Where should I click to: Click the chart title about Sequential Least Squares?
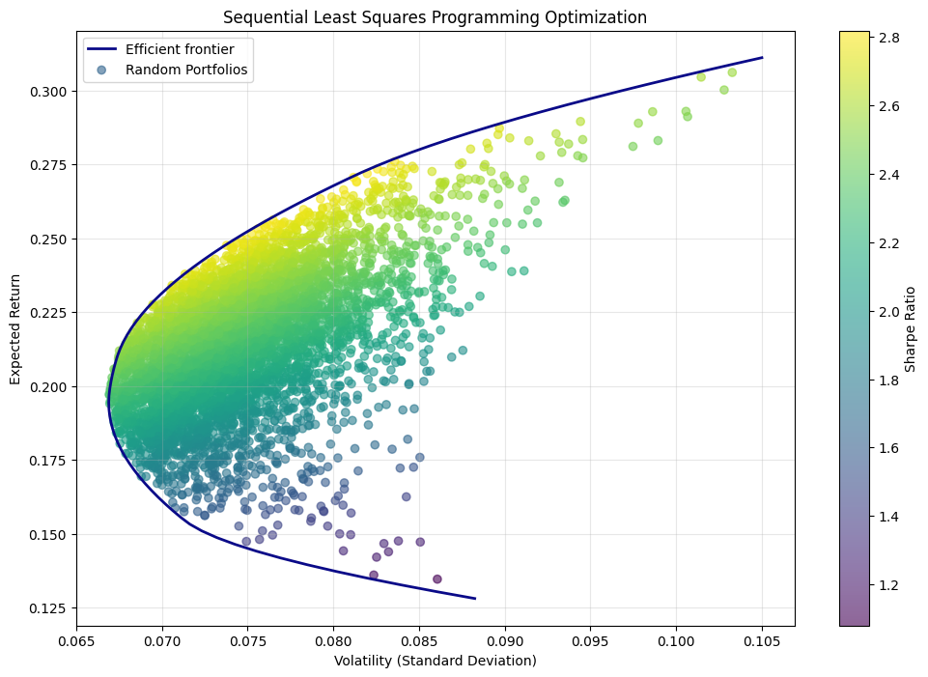(x=435, y=17)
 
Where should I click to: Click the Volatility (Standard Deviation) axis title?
(x=435, y=661)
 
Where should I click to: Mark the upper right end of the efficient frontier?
(x=763, y=58)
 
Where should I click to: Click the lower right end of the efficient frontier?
(x=475, y=599)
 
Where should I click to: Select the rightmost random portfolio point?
(x=732, y=72)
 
